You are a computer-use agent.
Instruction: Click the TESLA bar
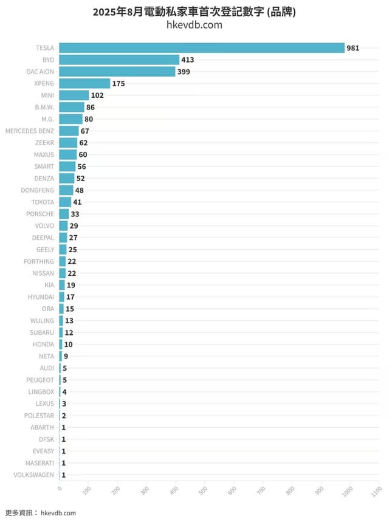click(x=202, y=47)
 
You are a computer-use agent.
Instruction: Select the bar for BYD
click(x=119, y=60)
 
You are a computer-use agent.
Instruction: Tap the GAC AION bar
click(x=117, y=72)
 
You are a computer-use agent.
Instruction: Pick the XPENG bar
click(x=84, y=83)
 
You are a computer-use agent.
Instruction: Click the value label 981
click(x=353, y=47)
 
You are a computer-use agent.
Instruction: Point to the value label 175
click(x=119, y=83)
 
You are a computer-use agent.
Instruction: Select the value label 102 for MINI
click(x=97, y=95)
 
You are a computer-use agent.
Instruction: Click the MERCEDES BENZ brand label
click(x=30, y=131)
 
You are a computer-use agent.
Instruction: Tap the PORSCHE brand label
click(x=40, y=214)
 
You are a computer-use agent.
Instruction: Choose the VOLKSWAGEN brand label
click(x=33, y=475)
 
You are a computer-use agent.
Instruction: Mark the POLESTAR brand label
click(x=39, y=416)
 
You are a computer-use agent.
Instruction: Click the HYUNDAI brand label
click(x=41, y=297)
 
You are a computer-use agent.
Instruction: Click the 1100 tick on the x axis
click(x=378, y=489)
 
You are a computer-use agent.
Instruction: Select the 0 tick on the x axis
click(x=60, y=487)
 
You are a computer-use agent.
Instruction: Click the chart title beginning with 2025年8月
click(x=194, y=12)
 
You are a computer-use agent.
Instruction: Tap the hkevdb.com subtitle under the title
click(x=194, y=25)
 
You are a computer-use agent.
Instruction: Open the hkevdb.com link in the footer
click(x=58, y=513)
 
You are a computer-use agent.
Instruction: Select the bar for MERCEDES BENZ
click(x=69, y=131)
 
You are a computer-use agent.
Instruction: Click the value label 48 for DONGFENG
click(x=79, y=190)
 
